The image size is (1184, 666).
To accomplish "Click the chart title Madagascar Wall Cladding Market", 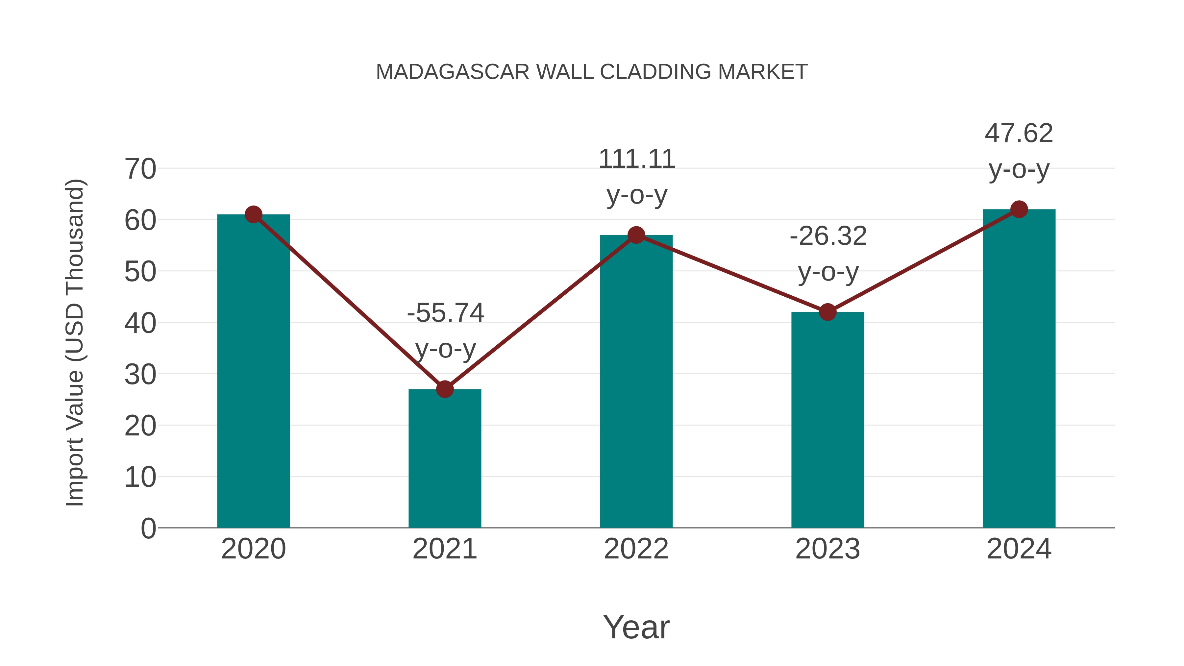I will [592, 72].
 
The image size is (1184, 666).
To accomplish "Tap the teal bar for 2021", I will [444, 460].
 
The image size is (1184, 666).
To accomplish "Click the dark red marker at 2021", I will [444, 389].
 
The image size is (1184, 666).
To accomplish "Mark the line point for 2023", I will [827, 312].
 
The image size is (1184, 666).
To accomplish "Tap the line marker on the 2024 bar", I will [1019, 209].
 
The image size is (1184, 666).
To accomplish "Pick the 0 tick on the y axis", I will [148, 528].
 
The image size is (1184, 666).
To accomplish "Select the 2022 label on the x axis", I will [636, 549].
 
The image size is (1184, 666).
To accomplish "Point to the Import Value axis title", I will [74, 342].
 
